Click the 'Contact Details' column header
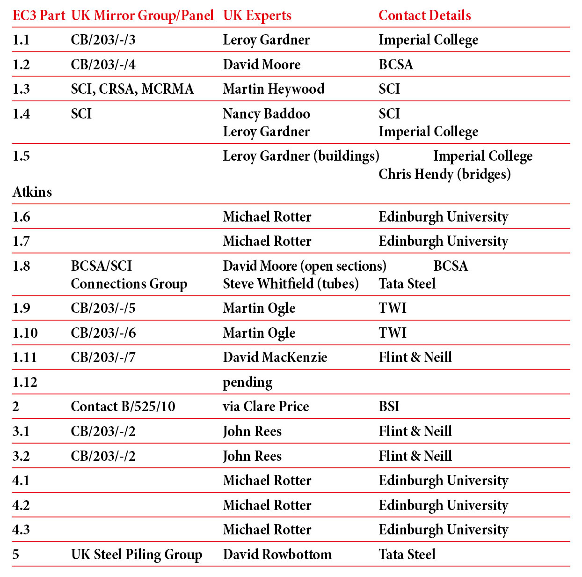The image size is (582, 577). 424,15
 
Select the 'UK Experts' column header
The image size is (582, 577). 257,15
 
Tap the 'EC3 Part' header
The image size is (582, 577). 38,15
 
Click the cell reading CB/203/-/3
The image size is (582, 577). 103,40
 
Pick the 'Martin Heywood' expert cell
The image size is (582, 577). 273,89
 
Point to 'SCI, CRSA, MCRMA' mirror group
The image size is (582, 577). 132,89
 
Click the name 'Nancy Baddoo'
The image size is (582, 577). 266,114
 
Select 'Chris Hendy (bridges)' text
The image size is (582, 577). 444,174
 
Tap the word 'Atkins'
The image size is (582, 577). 32,192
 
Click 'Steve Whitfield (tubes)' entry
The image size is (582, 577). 291,284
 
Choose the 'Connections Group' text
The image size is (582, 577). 129,284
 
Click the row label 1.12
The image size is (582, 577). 25,382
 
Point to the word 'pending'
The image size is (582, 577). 247,383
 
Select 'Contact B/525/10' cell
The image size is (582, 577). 123,407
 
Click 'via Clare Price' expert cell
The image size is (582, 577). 266,407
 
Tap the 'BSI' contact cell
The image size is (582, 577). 389,407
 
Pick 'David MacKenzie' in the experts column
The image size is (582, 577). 275,357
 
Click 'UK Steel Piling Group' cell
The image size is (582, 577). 136,555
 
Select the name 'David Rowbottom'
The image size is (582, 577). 277,555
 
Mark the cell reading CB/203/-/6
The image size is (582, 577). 103,333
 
